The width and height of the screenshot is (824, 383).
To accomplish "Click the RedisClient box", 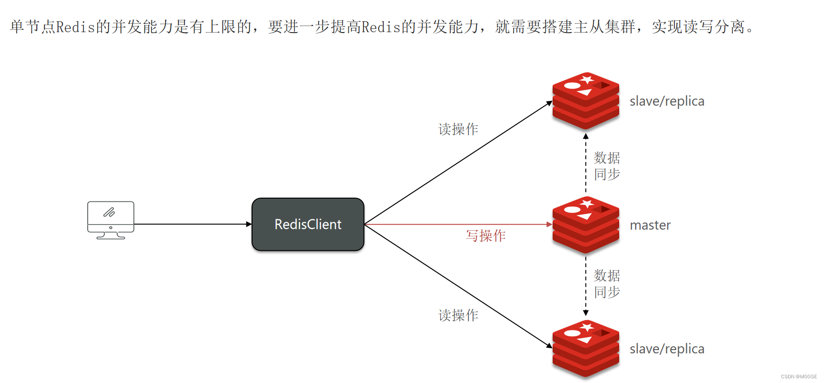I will [x=308, y=225].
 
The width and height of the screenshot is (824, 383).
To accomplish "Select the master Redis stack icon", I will [x=586, y=225].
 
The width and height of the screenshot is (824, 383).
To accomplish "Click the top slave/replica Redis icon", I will [x=586, y=101].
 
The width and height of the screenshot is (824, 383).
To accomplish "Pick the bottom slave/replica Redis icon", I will [x=586, y=349].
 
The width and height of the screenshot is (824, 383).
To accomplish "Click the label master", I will [x=650, y=225].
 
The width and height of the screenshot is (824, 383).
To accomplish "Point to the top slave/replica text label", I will [x=667, y=101].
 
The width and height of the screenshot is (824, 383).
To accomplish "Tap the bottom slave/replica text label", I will [x=667, y=349].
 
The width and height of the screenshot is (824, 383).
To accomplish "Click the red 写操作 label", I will [x=486, y=236].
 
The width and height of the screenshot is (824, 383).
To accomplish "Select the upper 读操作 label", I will [x=458, y=129].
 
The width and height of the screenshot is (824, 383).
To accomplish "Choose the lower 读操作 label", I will [x=458, y=316].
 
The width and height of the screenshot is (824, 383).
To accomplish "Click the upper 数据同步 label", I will [x=607, y=166].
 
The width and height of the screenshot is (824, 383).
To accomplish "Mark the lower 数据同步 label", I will [x=607, y=284].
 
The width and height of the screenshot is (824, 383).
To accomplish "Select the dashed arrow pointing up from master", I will [x=586, y=163].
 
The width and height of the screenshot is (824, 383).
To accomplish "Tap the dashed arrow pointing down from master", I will [x=586, y=286].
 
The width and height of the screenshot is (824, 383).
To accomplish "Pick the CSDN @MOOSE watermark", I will [x=799, y=376].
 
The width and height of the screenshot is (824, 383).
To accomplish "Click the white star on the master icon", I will [x=587, y=204].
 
